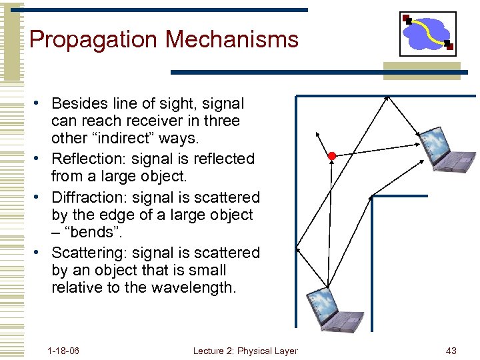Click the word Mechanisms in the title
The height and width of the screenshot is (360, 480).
pyautogui.click(x=232, y=40)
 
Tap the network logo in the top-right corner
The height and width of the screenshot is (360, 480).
pyautogui.click(x=427, y=34)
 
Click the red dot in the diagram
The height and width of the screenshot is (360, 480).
pyautogui.click(x=331, y=156)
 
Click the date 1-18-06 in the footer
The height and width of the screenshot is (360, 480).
pyautogui.click(x=63, y=351)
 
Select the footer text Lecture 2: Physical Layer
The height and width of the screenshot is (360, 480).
pyautogui.click(x=245, y=351)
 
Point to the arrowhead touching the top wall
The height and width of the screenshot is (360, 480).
pyautogui.click(x=387, y=99)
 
